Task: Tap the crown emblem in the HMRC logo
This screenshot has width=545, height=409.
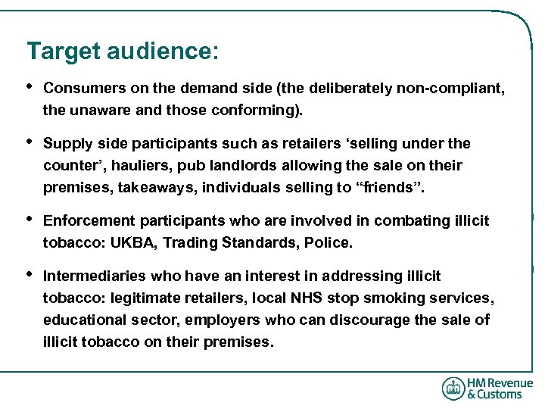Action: [x=453, y=389]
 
